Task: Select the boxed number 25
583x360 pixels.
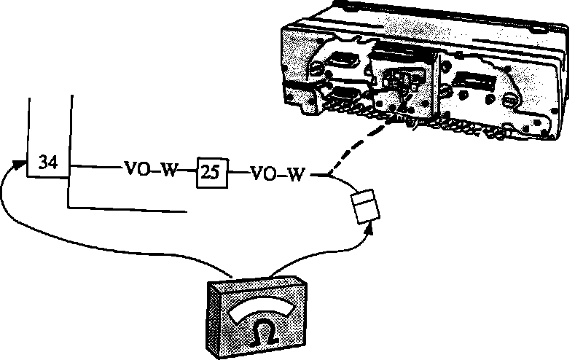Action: [211, 174]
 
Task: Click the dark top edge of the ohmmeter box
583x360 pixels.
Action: [256, 281]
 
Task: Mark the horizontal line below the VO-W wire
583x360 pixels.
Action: [124, 209]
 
